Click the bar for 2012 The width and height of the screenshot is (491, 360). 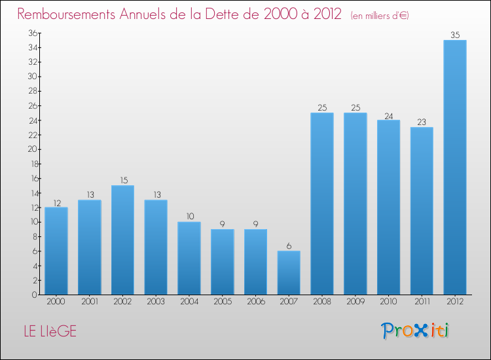click(x=455, y=167)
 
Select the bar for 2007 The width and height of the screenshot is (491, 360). click(x=289, y=272)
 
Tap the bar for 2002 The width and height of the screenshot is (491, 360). click(x=122, y=240)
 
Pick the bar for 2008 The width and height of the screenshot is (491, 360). click(x=321, y=204)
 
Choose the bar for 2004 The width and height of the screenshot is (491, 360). click(x=189, y=258)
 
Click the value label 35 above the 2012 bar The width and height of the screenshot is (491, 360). click(x=455, y=35)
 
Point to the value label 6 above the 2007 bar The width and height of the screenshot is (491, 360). click(x=289, y=245)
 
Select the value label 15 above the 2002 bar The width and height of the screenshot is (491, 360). click(x=122, y=180)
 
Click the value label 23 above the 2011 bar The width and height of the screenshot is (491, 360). click(x=422, y=122)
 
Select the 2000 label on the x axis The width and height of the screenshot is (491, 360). click(x=56, y=302)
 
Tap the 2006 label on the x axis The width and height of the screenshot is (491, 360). click(x=255, y=302)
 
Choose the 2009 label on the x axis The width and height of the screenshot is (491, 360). click(x=355, y=302)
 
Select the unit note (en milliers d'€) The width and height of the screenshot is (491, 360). click(x=380, y=15)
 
